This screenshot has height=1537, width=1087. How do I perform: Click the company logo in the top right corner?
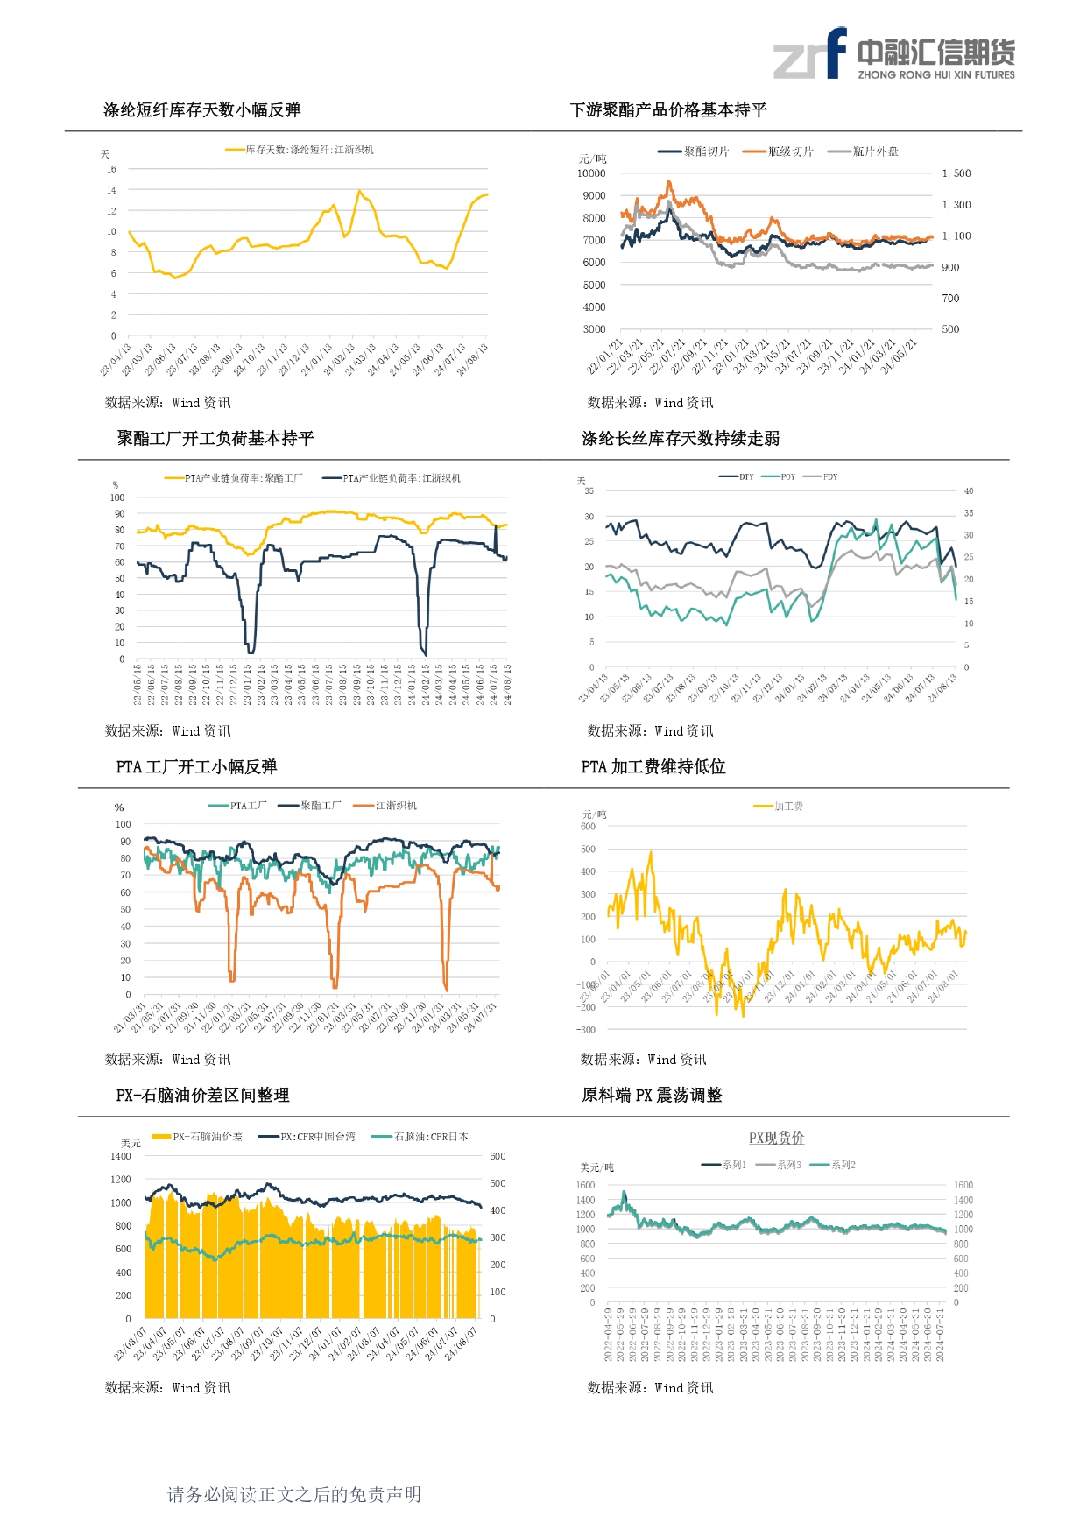(x=893, y=53)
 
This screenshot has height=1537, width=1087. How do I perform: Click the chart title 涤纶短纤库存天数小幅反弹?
(x=201, y=110)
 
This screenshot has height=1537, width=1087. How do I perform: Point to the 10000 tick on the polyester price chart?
(x=591, y=173)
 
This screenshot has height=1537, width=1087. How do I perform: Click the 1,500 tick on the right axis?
(x=956, y=173)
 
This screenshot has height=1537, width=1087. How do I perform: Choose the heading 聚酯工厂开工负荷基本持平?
(x=215, y=438)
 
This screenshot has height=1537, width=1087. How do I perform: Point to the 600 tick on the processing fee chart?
(x=588, y=827)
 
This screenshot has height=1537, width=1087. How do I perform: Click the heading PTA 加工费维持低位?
(x=653, y=767)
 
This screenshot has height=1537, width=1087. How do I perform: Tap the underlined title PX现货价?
(x=776, y=1138)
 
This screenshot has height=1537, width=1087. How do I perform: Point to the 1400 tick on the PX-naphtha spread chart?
(x=121, y=1157)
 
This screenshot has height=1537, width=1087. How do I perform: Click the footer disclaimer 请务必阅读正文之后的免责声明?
(x=294, y=1494)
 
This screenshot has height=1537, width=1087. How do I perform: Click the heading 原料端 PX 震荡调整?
(x=652, y=1095)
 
